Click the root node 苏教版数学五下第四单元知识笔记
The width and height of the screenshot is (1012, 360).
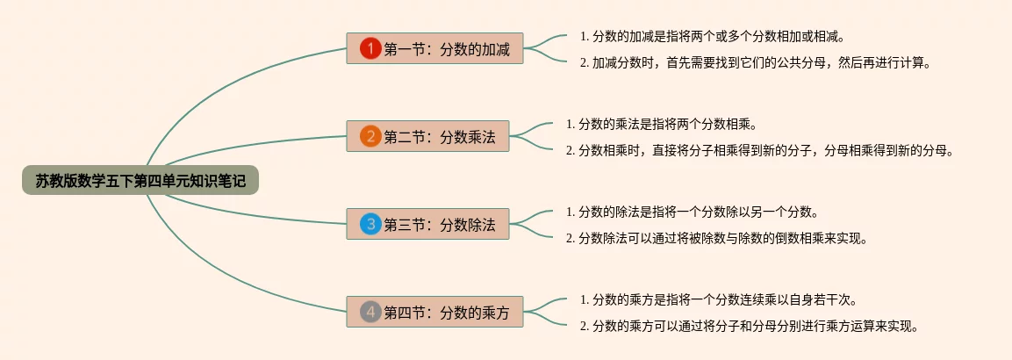pyautogui.click(x=140, y=181)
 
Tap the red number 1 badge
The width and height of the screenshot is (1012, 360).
pyautogui.click(x=370, y=48)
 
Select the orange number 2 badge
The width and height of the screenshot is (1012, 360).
pyautogui.click(x=370, y=136)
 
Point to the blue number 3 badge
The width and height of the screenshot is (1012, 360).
pyautogui.click(x=370, y=224)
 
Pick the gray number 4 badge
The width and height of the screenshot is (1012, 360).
pyautogui.click(x=370, y=312)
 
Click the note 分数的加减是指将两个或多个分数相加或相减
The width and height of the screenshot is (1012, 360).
pyautogui.click(x=712, y=37)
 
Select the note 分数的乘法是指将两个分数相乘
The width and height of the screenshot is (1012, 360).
pyautogui.click(x=661, y=125)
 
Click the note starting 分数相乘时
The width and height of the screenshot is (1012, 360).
pyautogui.click(x=759, y=150)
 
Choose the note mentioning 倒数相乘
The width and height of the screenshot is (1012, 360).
pyautogui.click(x=716, y=238)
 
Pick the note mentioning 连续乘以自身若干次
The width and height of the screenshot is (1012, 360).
pyautogui.click(x=718, y=300)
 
